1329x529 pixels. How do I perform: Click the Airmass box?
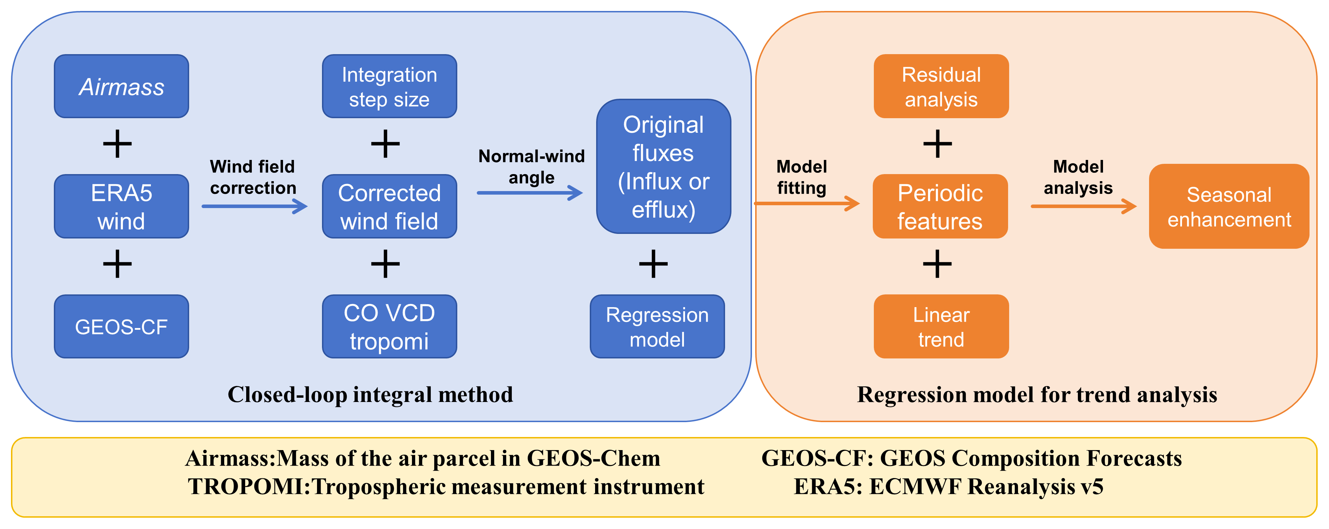click(121, 86)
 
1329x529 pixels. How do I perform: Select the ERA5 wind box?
click(121, 206)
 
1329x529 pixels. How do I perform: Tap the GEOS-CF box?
click(121, 326)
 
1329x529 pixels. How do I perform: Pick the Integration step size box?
click(390, 86)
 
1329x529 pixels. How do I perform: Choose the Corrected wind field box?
click(390, 206)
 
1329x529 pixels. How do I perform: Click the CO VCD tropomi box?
click(390, 326)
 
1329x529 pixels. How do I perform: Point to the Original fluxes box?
click(663, 166)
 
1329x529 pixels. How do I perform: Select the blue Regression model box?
click(657, 326)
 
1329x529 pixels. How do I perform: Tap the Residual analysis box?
click(941, 86)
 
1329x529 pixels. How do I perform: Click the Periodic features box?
click(940, 206)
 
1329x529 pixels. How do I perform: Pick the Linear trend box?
click(941, 326)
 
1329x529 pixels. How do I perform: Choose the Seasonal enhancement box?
click(1229, 206)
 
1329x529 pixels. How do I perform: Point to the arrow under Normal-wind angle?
click(530, 193)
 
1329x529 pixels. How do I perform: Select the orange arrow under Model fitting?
click(807, 203)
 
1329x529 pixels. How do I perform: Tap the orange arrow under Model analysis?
click(1084, 206)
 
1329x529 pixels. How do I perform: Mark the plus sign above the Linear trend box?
click(937, 264)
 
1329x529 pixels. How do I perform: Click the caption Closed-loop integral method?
click(371, 395)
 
